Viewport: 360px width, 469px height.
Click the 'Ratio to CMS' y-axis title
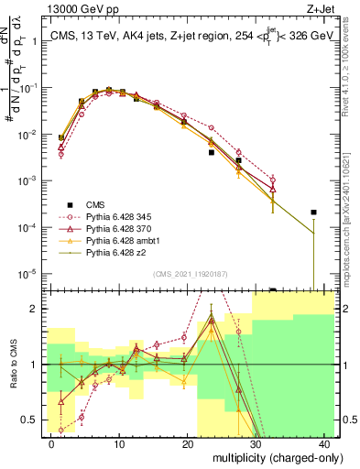13,365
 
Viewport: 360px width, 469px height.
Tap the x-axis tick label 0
51,443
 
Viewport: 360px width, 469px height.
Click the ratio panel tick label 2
35,308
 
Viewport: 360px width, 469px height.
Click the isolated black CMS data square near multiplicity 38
313,213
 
